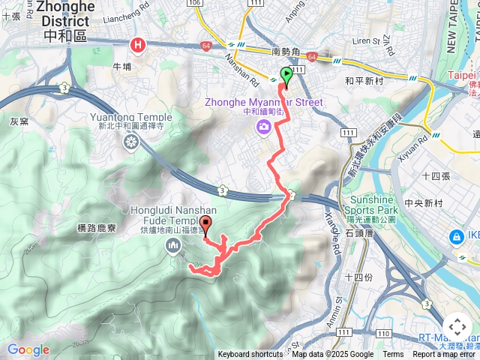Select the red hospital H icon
pos(138,46)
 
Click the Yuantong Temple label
pos(131,118)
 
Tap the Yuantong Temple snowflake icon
pos(131,142)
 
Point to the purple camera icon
pos(263,126)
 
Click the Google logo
pos(28,349)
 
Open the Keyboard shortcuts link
pos(250,355)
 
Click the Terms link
pos(393,355)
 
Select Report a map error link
pos(444,355)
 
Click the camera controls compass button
pos(457,327)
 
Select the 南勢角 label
pos(286,52)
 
